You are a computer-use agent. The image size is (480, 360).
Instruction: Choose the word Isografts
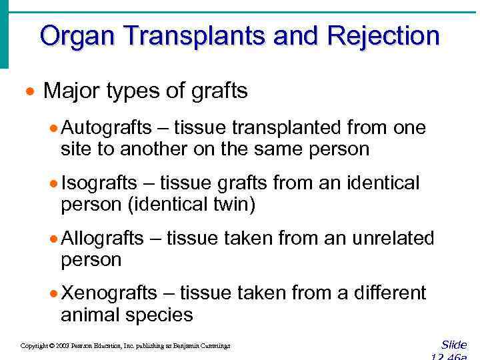(99, 183)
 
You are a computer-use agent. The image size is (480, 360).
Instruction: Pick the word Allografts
(102, 238)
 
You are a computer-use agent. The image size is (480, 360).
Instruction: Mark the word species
(160, 315)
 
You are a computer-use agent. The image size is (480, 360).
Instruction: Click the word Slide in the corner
(454, 345)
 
